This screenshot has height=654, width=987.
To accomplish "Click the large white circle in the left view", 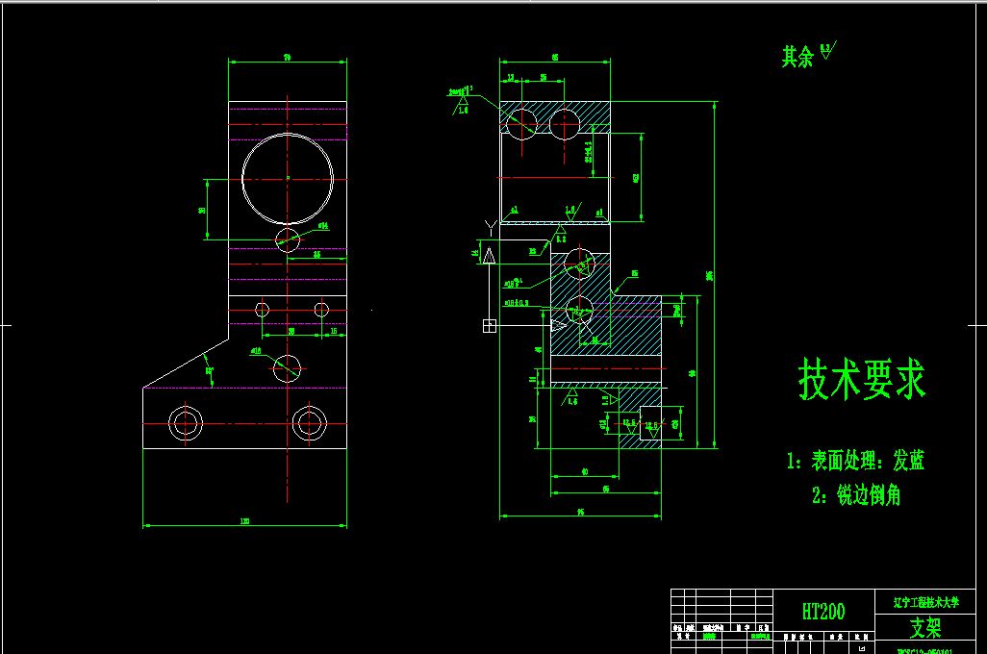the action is (x=288, y=178).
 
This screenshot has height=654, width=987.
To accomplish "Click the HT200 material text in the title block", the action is (x=823, y=611).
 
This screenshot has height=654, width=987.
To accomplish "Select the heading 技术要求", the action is (x=862, y=380).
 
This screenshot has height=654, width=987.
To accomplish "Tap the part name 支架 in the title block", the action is (x=925, y=628).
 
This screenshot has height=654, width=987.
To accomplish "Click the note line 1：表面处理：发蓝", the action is (x=855, y=461).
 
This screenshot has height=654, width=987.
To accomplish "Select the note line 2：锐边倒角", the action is (x=856, y=495).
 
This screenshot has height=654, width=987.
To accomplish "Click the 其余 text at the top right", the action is (x=797, y=57).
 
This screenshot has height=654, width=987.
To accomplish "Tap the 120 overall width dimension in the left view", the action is (x=244, y=521).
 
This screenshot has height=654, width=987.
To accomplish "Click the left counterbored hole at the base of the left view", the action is (x=185, y=422).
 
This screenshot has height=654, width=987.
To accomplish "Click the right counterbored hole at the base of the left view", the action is (x=309, y=422).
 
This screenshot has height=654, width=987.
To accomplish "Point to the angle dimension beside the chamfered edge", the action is (x=209, y=370).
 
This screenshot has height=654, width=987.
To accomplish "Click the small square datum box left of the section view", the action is (x=489, y=325).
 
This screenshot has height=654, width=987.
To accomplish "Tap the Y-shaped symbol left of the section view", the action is (x=491, y=227).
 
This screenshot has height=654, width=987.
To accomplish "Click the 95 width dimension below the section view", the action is (x=581, y=514).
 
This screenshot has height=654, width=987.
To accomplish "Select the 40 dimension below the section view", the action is (x=585, y=471).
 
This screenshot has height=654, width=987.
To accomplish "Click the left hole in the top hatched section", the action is (x=520, y=122).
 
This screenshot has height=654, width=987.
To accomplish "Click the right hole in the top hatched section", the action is (x=565, y=122).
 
